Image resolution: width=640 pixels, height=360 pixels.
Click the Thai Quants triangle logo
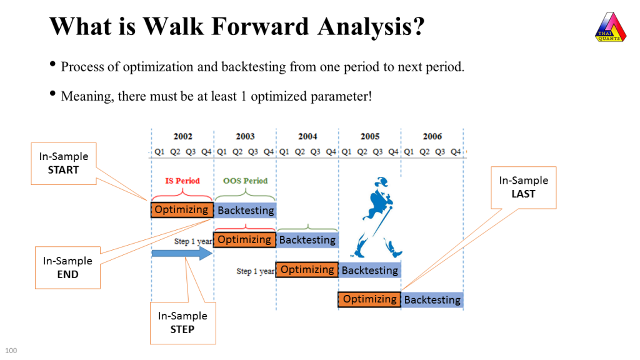tap(611, 27)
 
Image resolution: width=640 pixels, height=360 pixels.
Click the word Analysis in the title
tap(371, 26)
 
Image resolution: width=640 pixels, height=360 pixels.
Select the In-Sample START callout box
tap(64, 164)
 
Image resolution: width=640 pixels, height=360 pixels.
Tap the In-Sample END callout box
tap(67, 267)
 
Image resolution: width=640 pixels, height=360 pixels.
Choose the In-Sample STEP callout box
tap(183, 323)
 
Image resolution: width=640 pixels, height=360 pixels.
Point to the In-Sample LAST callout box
tap(524, 187)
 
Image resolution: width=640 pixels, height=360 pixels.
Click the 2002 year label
tap(183, 136)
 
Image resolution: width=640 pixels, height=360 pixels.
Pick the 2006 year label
tap(432, 136)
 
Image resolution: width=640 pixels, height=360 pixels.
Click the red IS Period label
tap(182, 181)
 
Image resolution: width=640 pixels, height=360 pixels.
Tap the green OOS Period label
tap(245, 181)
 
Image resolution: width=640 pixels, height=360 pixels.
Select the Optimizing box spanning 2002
tap(182, 210)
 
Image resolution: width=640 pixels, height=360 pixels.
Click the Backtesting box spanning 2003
tap(245, 210)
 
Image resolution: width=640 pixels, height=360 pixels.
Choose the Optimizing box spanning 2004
tap(307, 270)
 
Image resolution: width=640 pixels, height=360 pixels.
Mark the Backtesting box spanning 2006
tap(432, 300)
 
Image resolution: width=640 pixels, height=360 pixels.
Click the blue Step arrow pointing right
tap(182, 253)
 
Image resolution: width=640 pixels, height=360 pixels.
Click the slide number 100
tap(11, 351)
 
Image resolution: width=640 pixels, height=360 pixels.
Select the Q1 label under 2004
tap(284, 152)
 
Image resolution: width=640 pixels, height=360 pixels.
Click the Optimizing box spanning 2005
tap(369, 299)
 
